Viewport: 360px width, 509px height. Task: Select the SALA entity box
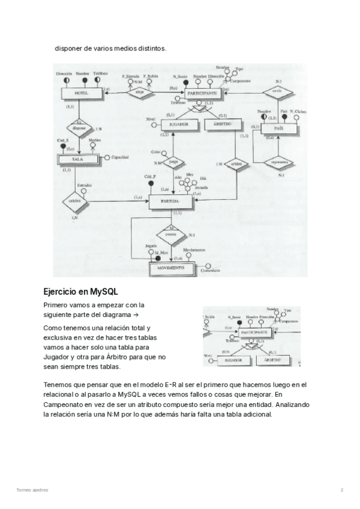(76, 159)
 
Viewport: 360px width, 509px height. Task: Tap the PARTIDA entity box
(170, 202)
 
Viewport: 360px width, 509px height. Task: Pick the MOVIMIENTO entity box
(172, 268)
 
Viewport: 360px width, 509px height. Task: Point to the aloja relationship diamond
(139, 92)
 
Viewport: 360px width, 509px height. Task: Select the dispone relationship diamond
(77, 128)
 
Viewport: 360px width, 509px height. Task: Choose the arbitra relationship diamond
(235, 163)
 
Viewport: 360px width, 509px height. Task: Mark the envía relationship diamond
(277, 92)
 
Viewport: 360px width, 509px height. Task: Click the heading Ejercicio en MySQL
(80, 292)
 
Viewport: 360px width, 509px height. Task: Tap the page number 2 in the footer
(341, 490)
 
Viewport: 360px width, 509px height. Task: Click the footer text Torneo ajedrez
(32, 490)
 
